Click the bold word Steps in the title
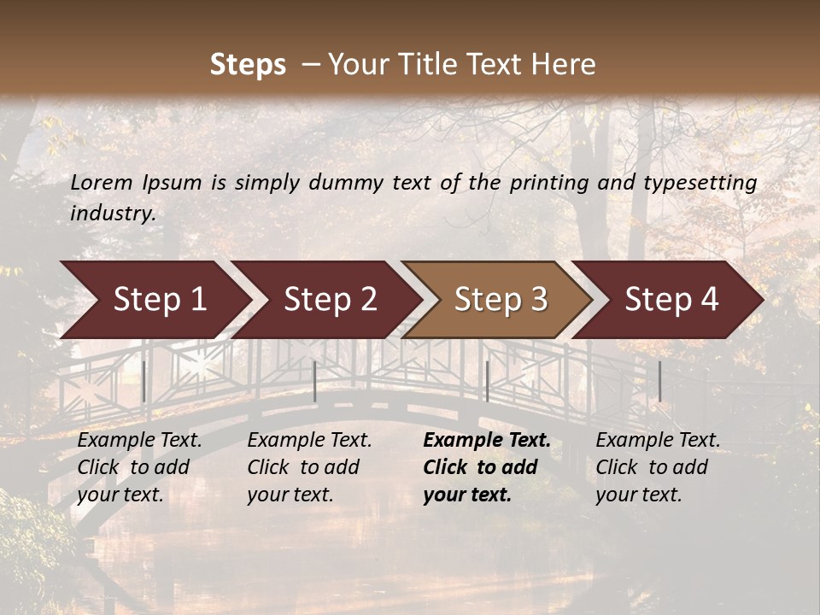coord(248,65)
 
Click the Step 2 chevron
coord(330,300)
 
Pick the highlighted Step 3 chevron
coord(501,300)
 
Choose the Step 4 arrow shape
coord(671,300)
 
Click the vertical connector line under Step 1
coord(143,381)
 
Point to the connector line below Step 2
coord(315,381)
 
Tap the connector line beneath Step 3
coord(487,381)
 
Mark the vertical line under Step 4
coord(659,381)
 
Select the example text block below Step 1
coord(139,467)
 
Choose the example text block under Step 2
coord(309,467)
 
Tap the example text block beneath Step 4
coord(658,467)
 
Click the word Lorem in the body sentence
coord(102,182)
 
